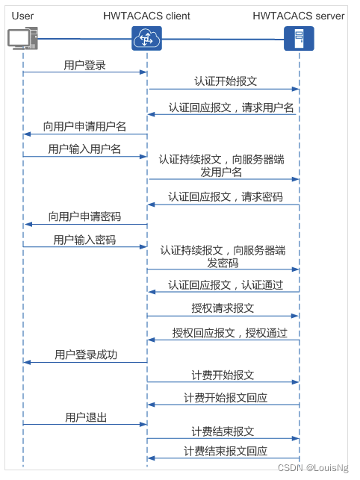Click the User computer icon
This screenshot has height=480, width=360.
(22, 40)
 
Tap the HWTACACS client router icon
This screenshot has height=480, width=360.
(146, 39)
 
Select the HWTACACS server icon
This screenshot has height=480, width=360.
(299, 38)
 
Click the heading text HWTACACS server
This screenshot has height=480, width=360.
(298, 16)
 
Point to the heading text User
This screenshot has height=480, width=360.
(22, 16)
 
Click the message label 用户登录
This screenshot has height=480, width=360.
(84, 66)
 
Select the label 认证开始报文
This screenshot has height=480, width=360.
(223, 81)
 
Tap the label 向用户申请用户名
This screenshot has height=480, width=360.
(84, 126)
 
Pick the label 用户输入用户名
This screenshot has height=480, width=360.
(84, 149)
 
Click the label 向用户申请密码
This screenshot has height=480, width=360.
(84, 216)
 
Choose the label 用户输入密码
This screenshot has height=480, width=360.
(84, 240)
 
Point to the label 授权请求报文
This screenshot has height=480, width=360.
(223, 308)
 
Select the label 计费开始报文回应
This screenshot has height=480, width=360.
(226, 397)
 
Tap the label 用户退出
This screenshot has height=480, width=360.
(84, 416)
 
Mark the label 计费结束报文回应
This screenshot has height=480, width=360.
(226, 451)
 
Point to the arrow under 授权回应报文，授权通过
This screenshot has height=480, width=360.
(223, 340)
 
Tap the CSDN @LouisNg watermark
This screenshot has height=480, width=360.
(317, 468)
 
